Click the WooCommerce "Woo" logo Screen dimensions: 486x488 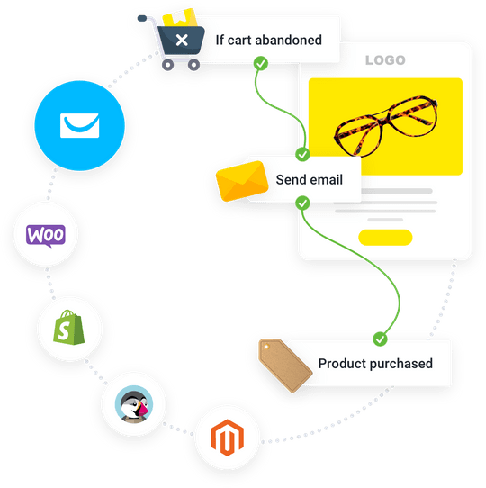tap(46, 236)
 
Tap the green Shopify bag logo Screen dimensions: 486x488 tap(68, 327)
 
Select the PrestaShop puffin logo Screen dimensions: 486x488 tap(134, 404)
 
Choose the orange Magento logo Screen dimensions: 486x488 tap(228, 438)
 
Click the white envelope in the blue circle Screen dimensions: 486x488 tap(80, 125)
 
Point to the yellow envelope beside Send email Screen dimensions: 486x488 tap(242, 181)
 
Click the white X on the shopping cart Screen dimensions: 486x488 tap(182, 41)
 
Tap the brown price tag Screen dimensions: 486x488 tap(285, 365)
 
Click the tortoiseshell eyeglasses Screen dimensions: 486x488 tap(386, 126)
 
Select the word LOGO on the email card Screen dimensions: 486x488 tap(385, 60)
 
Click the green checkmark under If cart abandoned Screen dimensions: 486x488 tap(261, 64)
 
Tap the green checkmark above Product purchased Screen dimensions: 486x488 tap(380, 339)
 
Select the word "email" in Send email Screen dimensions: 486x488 tap(327, 179)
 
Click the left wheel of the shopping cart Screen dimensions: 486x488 tap(168, 65)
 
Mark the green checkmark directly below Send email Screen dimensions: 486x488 tap(302, 203)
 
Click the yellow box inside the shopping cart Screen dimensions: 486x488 tap(180, 18)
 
